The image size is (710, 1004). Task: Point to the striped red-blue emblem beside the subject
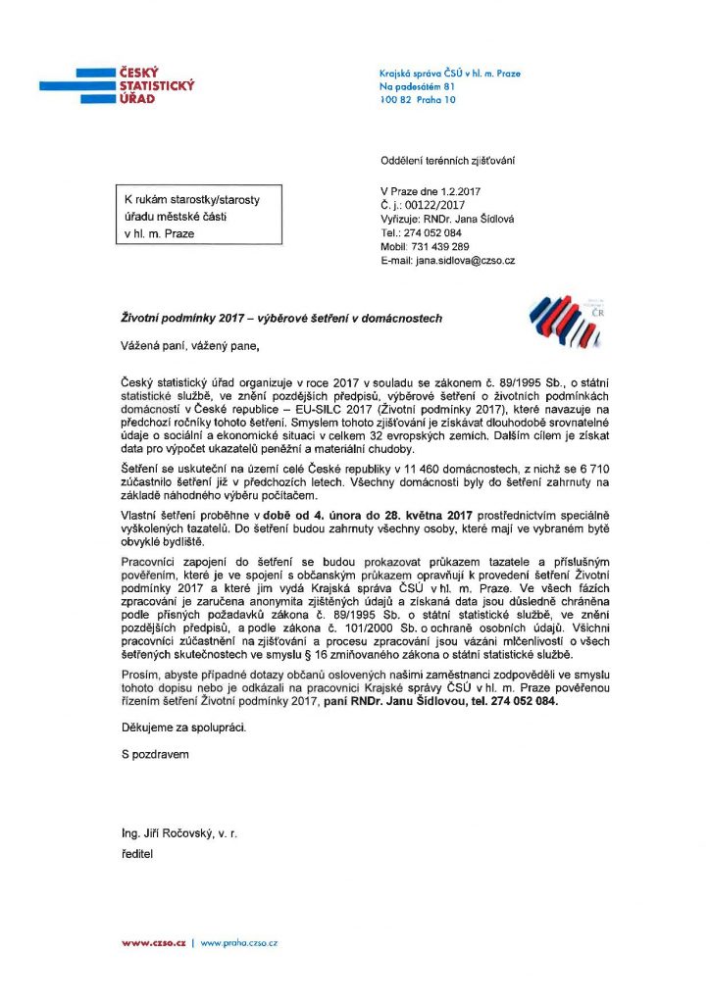point(561,325)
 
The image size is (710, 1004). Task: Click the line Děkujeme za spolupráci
point(178,728)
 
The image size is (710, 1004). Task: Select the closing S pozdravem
point(149,754)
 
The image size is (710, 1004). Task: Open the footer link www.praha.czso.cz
point(240,942)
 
